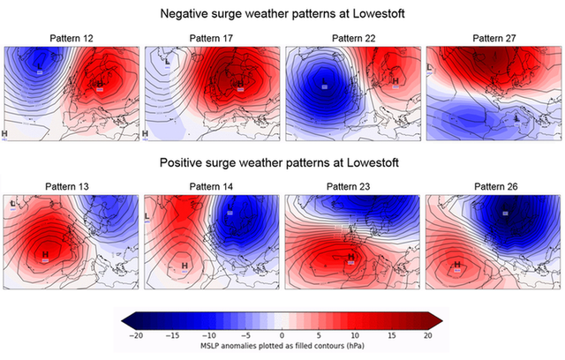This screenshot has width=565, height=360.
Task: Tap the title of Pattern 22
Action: [x=352, y=39]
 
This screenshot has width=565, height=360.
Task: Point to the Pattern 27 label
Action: [x=493, y=39]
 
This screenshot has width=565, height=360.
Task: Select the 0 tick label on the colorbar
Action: [x=282, y=335]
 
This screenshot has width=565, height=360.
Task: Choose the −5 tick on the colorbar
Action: [x=245, y=335]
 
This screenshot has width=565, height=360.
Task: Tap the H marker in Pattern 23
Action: [x=350, y=258]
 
